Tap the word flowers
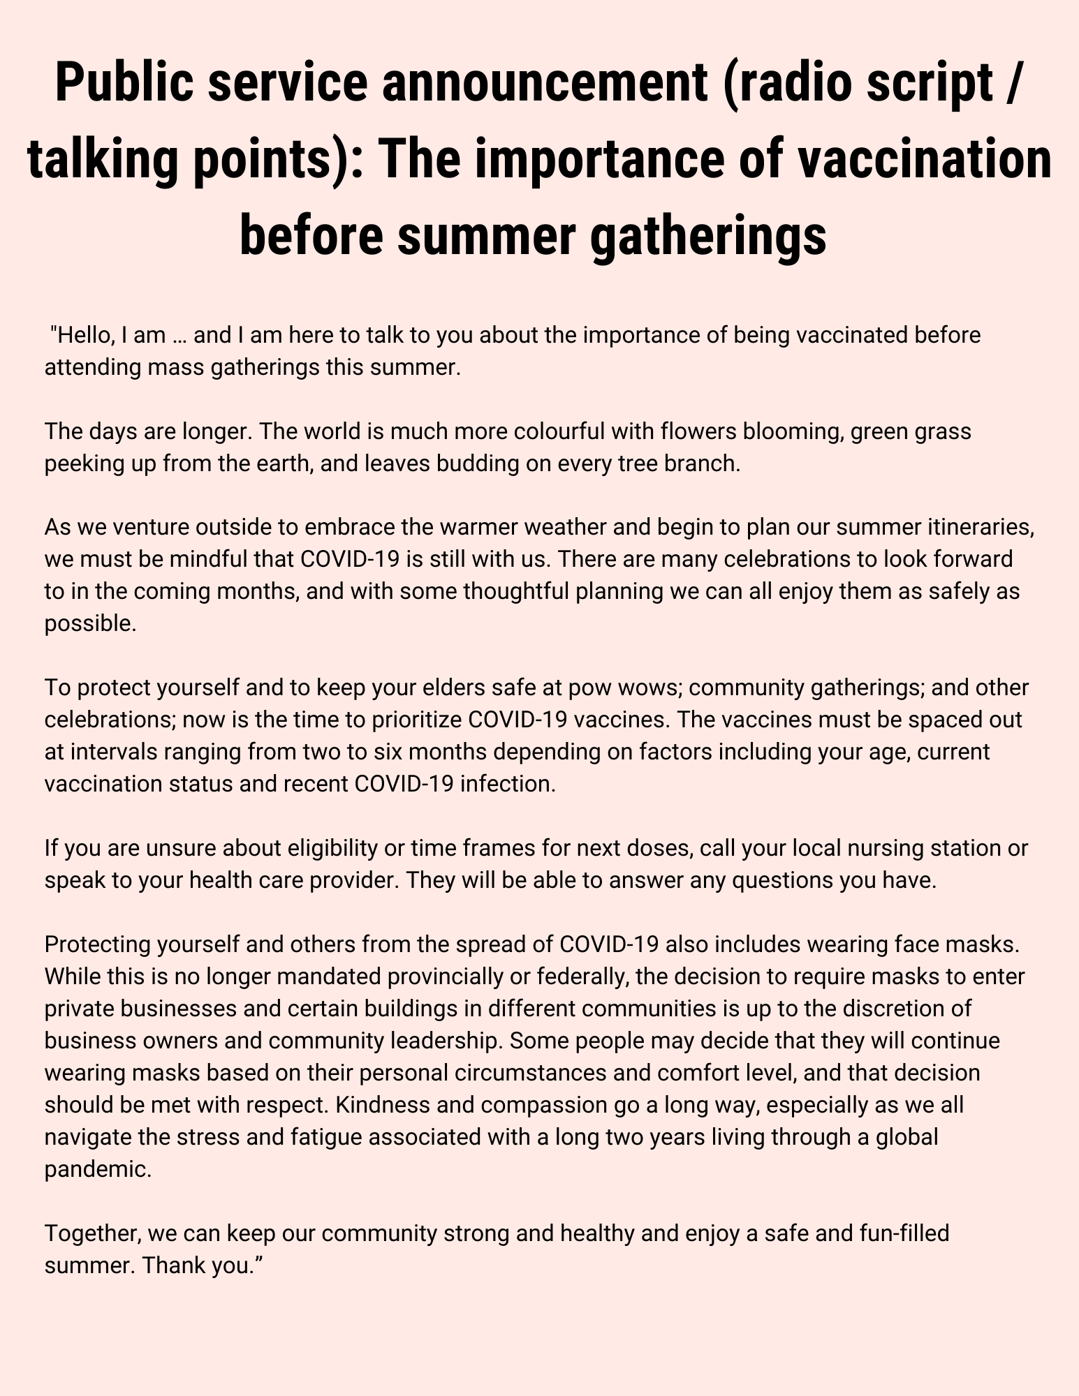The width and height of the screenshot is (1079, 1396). coord(669,431)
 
